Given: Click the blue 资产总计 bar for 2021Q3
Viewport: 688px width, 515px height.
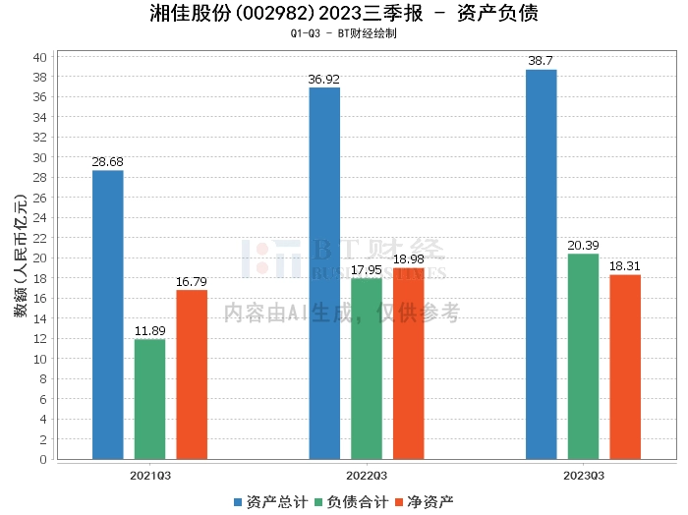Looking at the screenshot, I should click(108, 315).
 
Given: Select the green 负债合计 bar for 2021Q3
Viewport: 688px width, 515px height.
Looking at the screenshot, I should click(150, 399).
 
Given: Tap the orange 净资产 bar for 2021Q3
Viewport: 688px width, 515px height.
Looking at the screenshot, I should click(192, 374).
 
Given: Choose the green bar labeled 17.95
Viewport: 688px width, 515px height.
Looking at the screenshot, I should click(367, 369).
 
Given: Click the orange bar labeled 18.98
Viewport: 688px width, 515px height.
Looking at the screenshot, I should click(409, 364).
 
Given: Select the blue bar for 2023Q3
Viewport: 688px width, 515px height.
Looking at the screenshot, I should click(542, 264).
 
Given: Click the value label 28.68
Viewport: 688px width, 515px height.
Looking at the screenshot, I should click(108, 161).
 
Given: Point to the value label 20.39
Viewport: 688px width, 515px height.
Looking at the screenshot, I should click(583, 245).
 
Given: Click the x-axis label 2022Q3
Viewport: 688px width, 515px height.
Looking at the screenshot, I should click(367, 476).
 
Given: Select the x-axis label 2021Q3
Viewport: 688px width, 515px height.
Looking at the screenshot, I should click(150, 476).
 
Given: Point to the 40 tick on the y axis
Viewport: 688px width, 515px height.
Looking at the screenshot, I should click(40, 56).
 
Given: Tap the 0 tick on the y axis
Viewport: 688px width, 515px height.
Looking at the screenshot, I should click(43, 459).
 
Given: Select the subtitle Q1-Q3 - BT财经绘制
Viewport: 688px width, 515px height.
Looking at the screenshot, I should click(344, 33).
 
